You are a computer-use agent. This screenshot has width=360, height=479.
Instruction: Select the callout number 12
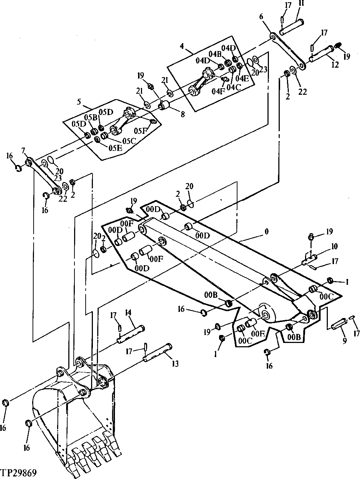(x=335, y=65)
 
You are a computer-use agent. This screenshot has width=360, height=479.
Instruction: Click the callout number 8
(x=183, y=114)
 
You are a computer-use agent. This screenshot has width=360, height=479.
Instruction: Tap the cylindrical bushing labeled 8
(x=166, y=106)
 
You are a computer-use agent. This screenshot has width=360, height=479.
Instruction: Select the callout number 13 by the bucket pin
(x=175, y=364)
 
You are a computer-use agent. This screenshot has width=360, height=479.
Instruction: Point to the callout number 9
(x=344, y=340)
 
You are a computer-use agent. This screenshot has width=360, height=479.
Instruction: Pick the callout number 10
(x=334, y=246)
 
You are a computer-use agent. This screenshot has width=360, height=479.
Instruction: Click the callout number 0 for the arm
(x=266, y=231)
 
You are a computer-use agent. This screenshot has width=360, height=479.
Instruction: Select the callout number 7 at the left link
(x=23, y=150)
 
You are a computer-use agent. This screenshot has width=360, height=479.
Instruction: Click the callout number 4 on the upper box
(x=182, y=46)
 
